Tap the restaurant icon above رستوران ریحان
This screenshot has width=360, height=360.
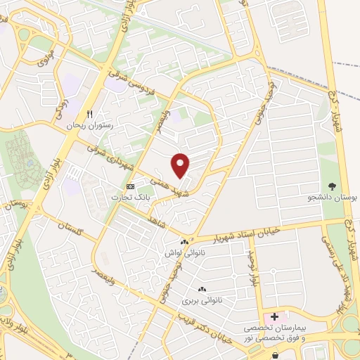(x=89, y=113)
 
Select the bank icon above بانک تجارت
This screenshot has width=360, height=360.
(x=130, y=186)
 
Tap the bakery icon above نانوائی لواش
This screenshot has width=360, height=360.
(x=185, y=243)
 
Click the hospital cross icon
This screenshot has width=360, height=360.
(x=274, y=317)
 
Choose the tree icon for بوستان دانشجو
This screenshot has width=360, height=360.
(x=332, y=186)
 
